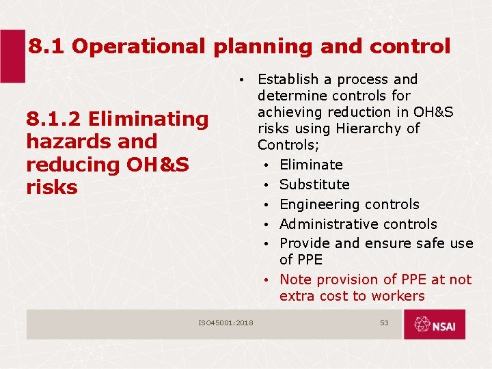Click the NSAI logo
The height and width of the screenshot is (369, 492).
coord(434,325)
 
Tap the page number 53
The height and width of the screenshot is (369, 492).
coord(384,323)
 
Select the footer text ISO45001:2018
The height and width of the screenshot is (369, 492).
coord(225,323)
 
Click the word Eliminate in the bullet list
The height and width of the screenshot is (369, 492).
coord(311,165)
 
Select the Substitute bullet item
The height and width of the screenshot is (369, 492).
coord(314,184)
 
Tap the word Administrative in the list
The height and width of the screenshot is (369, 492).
coord(324,224)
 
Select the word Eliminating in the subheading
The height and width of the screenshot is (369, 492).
coord(148,119)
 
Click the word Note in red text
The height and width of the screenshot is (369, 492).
coord(295,279)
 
